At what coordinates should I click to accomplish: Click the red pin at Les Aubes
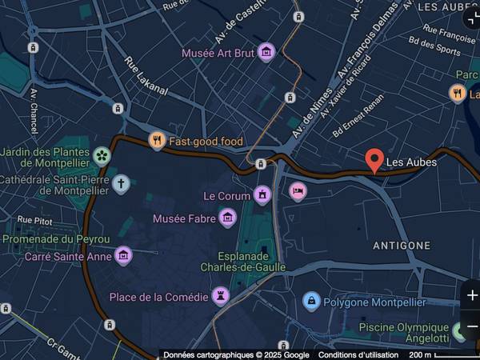[374, 161]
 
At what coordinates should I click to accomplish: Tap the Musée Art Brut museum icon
[266, 53]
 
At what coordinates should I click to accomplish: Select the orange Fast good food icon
[157, 142]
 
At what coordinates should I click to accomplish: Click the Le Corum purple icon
[262, 195]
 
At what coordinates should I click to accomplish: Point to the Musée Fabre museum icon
[228, 218]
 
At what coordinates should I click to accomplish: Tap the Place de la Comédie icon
[221, 297]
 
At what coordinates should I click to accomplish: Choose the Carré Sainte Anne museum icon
[123, 256]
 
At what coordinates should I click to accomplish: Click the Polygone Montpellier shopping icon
[311, 302]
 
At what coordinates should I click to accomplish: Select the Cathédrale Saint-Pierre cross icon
[121, 184]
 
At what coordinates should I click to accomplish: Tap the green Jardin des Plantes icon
[102, 155]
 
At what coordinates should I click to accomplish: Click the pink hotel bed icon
[298, 191]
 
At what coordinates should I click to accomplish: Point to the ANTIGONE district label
[402, 246]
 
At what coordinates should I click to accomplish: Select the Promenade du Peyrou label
[55, 238]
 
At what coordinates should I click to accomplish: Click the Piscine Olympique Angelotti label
[404, 333]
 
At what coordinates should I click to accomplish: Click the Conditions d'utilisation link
[358, 354]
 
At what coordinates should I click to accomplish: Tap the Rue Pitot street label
[35, 219]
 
